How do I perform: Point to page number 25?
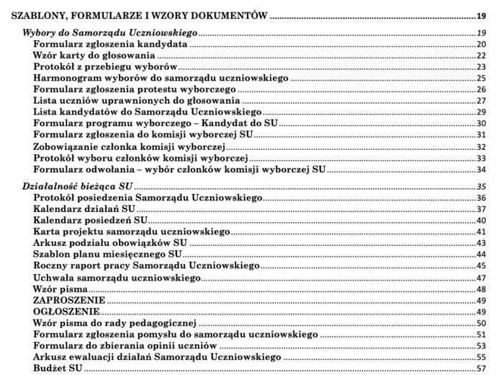[482, 79]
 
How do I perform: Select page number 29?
[482, 113]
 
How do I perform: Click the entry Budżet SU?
[58, 369]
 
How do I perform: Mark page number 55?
[482, 358]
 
